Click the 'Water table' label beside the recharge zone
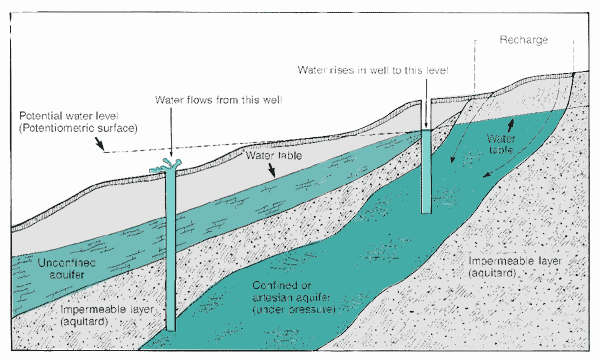click(501, 143)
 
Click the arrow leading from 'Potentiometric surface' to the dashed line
click(100, 144)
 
